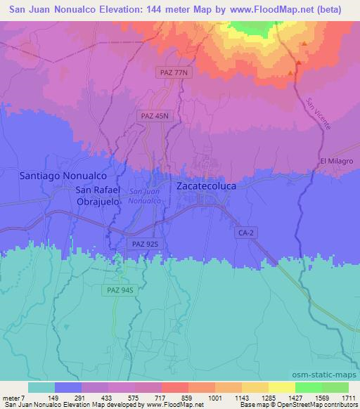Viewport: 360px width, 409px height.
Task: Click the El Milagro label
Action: point(336,162)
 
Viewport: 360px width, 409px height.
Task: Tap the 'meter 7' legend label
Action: point(13,398)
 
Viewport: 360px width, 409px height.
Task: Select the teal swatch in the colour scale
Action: point(41,387)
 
